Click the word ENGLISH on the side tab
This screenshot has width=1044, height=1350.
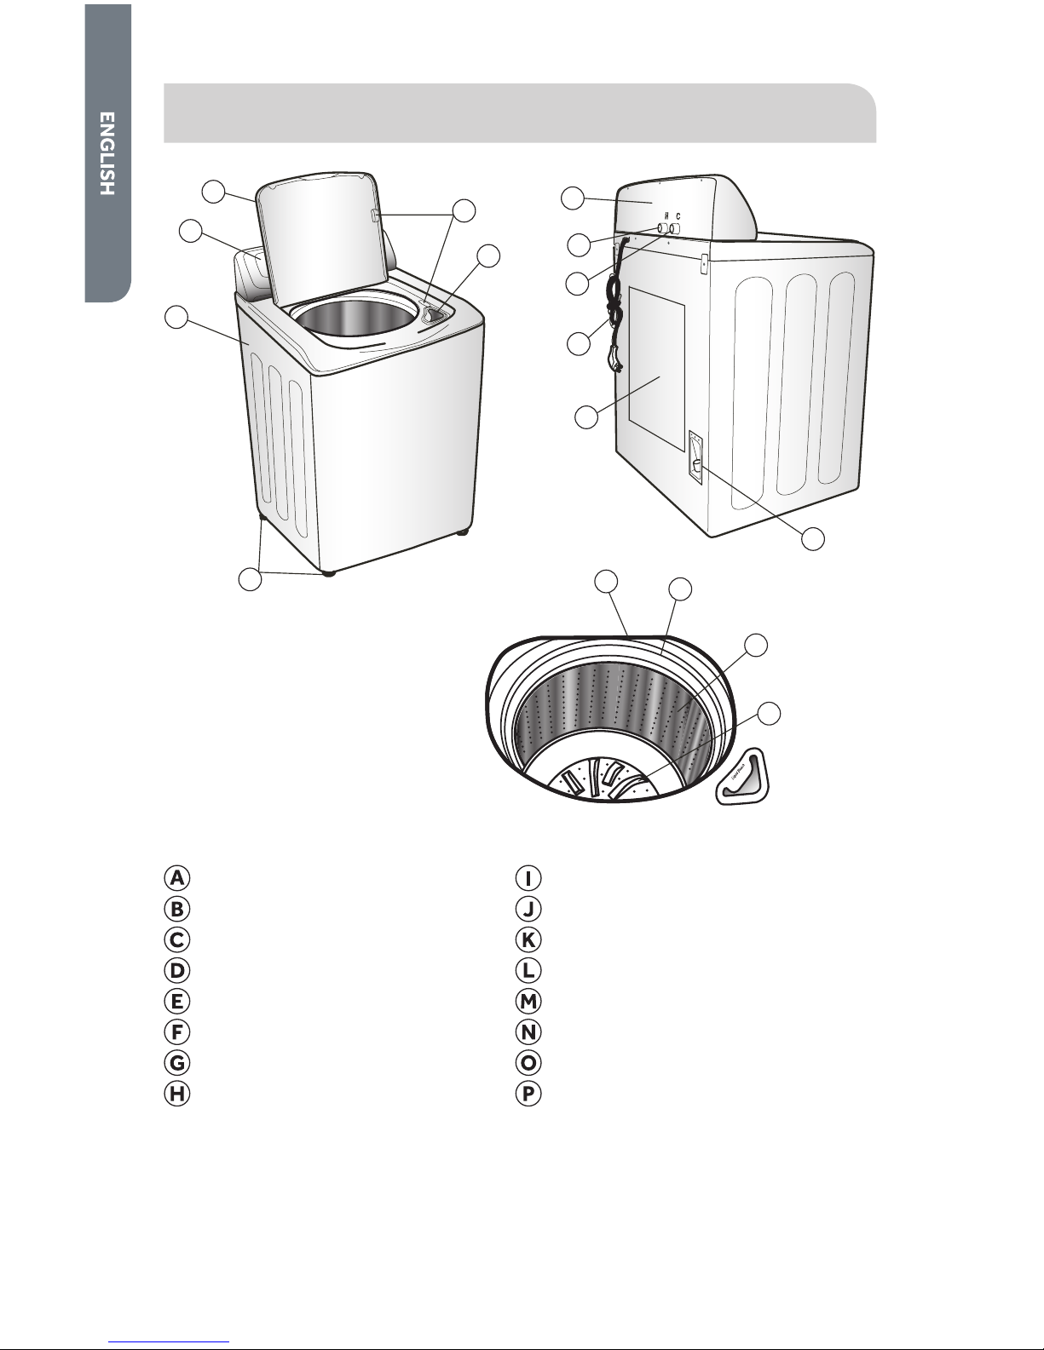(106, 154)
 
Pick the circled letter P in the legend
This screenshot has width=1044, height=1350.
(529, 1094)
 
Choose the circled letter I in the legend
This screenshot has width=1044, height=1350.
(529, 878)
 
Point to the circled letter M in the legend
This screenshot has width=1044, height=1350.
(529, 1001)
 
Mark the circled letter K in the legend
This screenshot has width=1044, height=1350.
(529, 939)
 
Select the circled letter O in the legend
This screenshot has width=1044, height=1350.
(529, 1063)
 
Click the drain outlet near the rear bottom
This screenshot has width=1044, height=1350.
(695, 464)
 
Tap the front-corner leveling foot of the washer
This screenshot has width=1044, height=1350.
(327, 574)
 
